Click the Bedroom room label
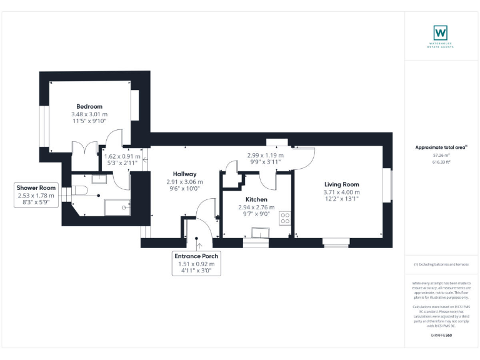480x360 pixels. coord(89,106)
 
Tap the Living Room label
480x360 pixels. coord(341,184)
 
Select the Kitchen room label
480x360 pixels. coord(256,199)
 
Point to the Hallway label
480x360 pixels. coord(185,174)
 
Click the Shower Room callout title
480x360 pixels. coord(36,187)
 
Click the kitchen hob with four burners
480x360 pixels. coord(285,218)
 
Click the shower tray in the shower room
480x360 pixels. coord(117,207)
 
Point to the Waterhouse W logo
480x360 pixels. coord(441,32)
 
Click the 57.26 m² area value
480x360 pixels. coord(441,155)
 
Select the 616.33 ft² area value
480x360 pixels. coord(441,161)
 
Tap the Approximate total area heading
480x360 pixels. coord(441,147)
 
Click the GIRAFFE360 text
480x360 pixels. coord(441,336)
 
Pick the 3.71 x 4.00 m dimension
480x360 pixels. coord(341,192)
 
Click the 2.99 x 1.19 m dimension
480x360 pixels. coord(264,155)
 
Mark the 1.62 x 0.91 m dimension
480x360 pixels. coord(122,156)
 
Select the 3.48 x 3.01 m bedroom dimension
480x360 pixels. coord(89,114)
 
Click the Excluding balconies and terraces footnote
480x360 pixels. coord(441,264)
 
